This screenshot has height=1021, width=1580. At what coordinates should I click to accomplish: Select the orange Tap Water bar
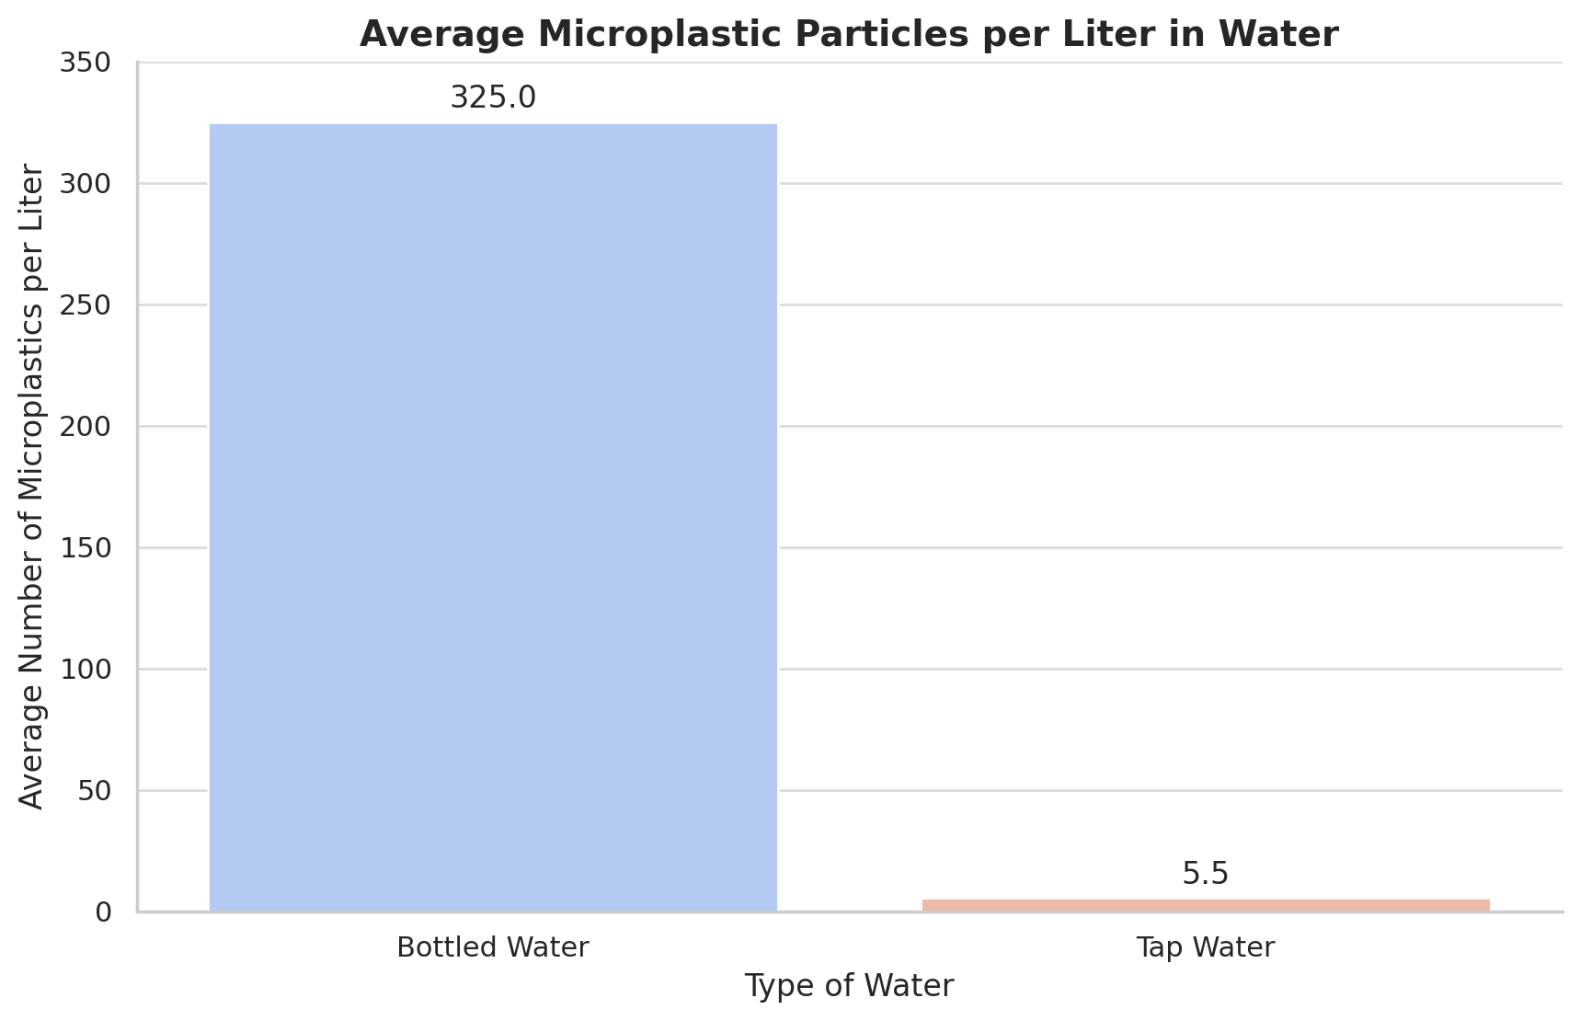pos(1205,905)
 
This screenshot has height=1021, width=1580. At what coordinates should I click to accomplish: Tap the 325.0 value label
pos(493,98)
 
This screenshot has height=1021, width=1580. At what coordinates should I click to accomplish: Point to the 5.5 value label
pos(1205,874)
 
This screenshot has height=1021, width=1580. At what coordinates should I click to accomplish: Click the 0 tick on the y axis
pos(103,912)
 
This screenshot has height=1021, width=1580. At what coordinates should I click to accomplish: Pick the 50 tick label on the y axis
pos(94,791)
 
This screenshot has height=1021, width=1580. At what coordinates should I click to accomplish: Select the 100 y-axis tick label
pos(86,670)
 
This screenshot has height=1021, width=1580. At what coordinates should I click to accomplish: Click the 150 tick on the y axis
pos(86,548)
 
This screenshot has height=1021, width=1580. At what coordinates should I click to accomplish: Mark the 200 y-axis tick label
pos(86,427)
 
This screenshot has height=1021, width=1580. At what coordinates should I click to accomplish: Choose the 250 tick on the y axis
pos(86,305)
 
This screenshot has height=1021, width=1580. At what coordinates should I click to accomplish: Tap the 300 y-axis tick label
pos(86,184)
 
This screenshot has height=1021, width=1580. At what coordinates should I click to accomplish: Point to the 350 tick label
pos(86,63)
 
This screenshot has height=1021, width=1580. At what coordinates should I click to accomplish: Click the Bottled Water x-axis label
pos(493,947)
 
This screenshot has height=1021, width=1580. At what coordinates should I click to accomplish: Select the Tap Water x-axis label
pos(1205,947)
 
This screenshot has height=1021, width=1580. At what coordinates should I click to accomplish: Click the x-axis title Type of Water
pos(849,986)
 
